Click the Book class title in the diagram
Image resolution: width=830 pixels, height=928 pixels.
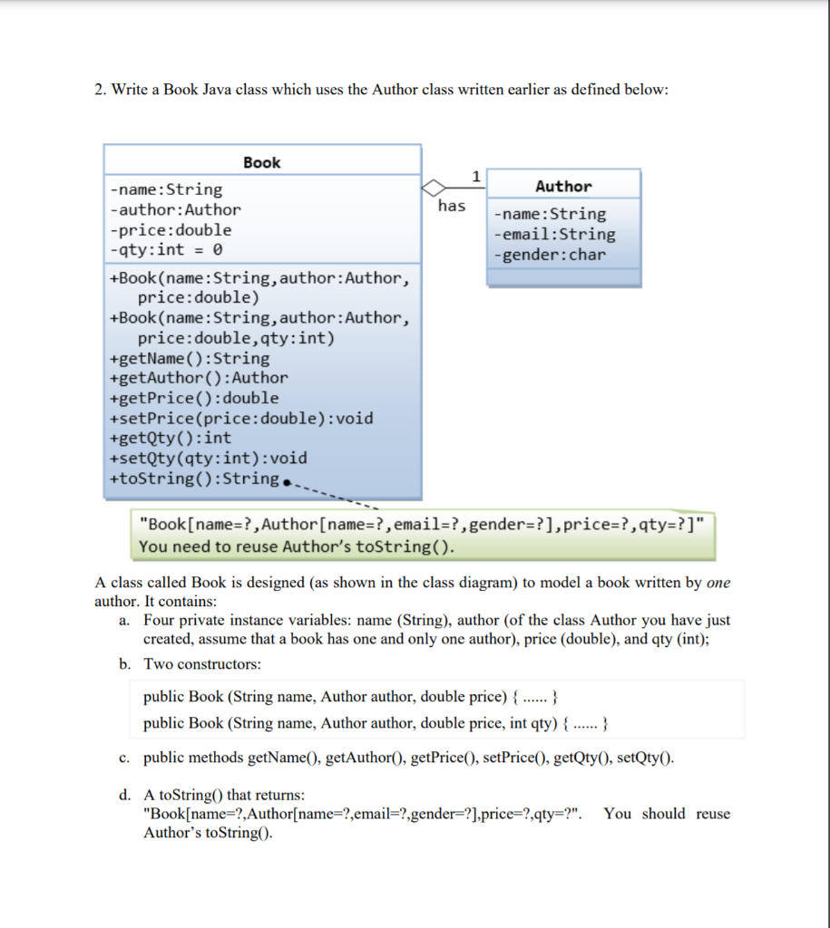(x=262, y=162)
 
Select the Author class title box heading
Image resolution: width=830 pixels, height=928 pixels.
(x=563, y=186)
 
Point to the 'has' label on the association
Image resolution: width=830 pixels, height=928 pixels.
(x=452, y=206)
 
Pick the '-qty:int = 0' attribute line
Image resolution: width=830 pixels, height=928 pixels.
(x=167, y=249)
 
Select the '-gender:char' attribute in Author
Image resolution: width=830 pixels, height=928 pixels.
(x=549, y=254)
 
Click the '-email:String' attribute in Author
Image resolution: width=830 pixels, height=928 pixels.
(x=553, y=234)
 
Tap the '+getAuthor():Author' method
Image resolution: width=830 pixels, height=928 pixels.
(x=198, y=378)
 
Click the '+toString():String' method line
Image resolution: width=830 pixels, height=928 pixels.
(x=193, y=478)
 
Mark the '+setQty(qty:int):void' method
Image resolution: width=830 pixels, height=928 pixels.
(x=208, y=458)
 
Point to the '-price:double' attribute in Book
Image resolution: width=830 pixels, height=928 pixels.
(x=171, y=229)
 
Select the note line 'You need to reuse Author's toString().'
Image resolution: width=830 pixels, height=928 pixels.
(x=297, y=547)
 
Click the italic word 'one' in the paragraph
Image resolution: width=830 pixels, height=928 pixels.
(x=718, y=583)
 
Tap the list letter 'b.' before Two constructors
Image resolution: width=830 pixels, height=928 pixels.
(x=124, y=664)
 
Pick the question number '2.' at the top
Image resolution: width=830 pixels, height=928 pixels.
(x=101, y=90)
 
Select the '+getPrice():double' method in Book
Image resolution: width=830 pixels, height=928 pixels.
(x=193, y=398)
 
